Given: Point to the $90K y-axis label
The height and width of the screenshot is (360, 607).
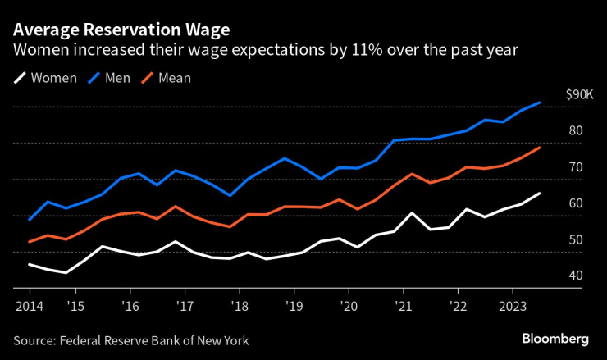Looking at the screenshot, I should [579, 95].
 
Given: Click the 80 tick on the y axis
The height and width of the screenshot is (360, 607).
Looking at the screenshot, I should [575, 131].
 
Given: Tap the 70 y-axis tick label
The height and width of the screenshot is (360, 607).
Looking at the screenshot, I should [575, 167].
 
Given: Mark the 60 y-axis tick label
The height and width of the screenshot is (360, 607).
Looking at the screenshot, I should [575, 203].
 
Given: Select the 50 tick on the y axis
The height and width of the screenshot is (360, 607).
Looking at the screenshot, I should [575, 239].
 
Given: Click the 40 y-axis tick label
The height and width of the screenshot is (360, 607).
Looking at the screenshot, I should [575, 276].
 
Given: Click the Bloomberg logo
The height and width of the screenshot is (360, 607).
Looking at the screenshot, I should [555, 339].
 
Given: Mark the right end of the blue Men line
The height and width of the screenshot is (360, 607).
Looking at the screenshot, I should [539, 103].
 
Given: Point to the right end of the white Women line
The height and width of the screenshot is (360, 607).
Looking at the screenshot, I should [539, 194].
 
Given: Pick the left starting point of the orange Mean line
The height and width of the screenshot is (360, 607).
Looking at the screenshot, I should [30, 242].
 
